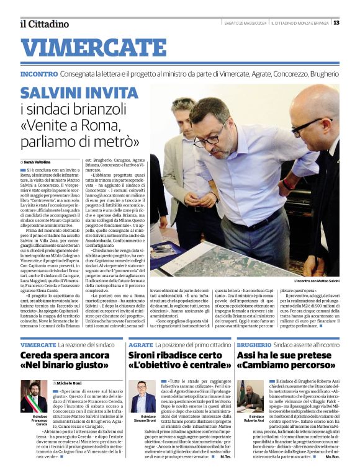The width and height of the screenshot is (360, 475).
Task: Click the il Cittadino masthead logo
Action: tap(44, 24)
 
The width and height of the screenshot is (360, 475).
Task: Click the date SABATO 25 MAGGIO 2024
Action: tap(246, 24)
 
